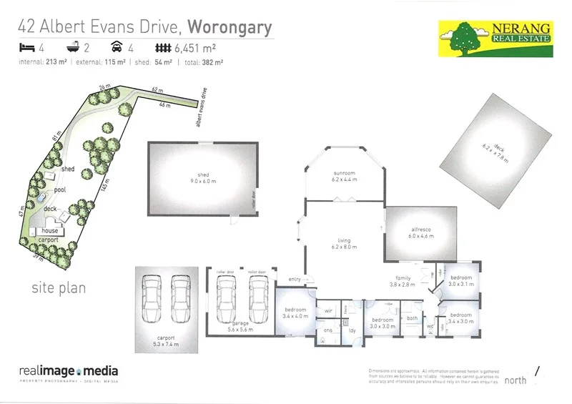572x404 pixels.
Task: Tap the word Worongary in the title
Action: (230, 28)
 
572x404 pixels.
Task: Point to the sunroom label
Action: (345, 177)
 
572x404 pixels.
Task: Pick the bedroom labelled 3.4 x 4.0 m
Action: (295, 312)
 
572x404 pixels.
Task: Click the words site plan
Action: (59, 288)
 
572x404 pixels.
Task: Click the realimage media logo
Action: (69, 373)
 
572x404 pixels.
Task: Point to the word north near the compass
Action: (516, 380)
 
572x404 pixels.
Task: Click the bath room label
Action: (412, 318)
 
